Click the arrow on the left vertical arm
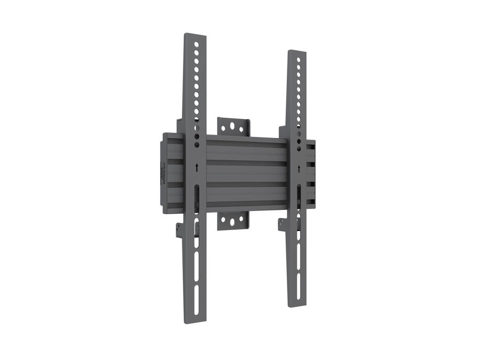click(x=197, y=167)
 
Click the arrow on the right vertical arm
click(x=299, y=168)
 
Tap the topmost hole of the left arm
click(x=197, y=45)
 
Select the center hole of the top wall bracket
click(x=233, y=127)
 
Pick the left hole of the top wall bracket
click(x=225, y=127)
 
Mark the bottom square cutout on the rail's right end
click(x=310, y=201)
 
